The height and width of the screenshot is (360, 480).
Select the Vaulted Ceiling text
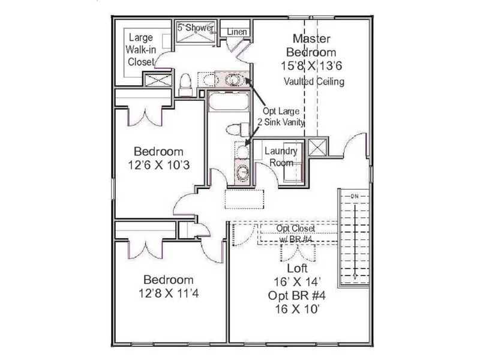coord(314,82)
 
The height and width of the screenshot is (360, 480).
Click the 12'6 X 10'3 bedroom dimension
coord(158,165)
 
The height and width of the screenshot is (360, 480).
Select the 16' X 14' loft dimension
coord(298,282)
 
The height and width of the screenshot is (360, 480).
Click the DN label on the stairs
coord(353,196)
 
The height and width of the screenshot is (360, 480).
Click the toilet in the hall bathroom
coord(236,129)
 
